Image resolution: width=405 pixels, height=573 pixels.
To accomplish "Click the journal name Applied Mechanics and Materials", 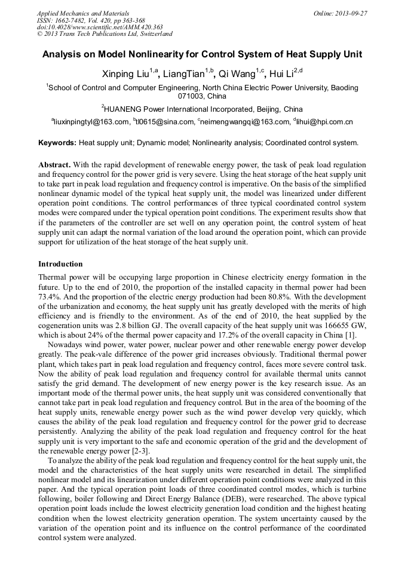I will (82, 13).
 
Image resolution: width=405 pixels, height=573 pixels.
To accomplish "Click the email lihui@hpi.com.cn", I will (324, 122).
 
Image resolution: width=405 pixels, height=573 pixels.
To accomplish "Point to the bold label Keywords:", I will (57, 143).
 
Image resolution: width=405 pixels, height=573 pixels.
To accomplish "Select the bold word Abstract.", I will (54, 164).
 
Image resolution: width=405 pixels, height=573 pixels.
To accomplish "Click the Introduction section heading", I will (60, 263).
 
